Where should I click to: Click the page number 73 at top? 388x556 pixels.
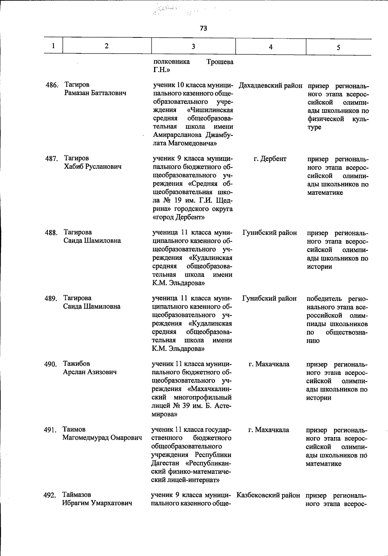point(203,28)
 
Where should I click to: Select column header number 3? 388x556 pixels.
point(193,47)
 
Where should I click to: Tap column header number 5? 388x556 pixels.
point(338,48)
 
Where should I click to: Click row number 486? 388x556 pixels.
point(51,85)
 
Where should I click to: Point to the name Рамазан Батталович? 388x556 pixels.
point(95,93)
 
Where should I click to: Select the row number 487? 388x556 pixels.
point(51,159)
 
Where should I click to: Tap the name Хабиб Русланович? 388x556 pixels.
point(93,167)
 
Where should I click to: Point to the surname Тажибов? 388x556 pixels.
point(77,364)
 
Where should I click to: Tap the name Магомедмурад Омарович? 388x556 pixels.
point(102,438)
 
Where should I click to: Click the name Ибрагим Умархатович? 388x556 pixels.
point(97,503)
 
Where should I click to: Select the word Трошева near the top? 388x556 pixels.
point(220,62)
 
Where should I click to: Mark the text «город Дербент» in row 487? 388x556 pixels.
point(178,218)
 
